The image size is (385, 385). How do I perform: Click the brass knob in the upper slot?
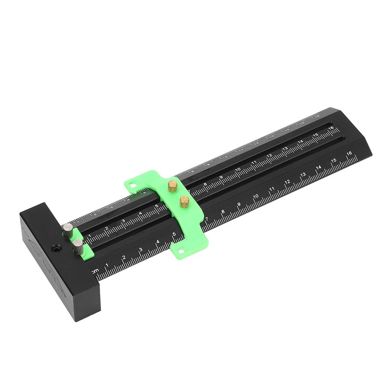173,186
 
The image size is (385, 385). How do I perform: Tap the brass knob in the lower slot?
184,202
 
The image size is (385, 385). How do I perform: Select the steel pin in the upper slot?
68,230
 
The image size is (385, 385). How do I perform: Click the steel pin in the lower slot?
78,247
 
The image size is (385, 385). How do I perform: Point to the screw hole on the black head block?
56,249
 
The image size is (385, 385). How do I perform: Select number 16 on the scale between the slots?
331,128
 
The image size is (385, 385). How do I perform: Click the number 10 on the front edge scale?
256,197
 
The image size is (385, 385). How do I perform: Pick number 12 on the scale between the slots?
269,156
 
